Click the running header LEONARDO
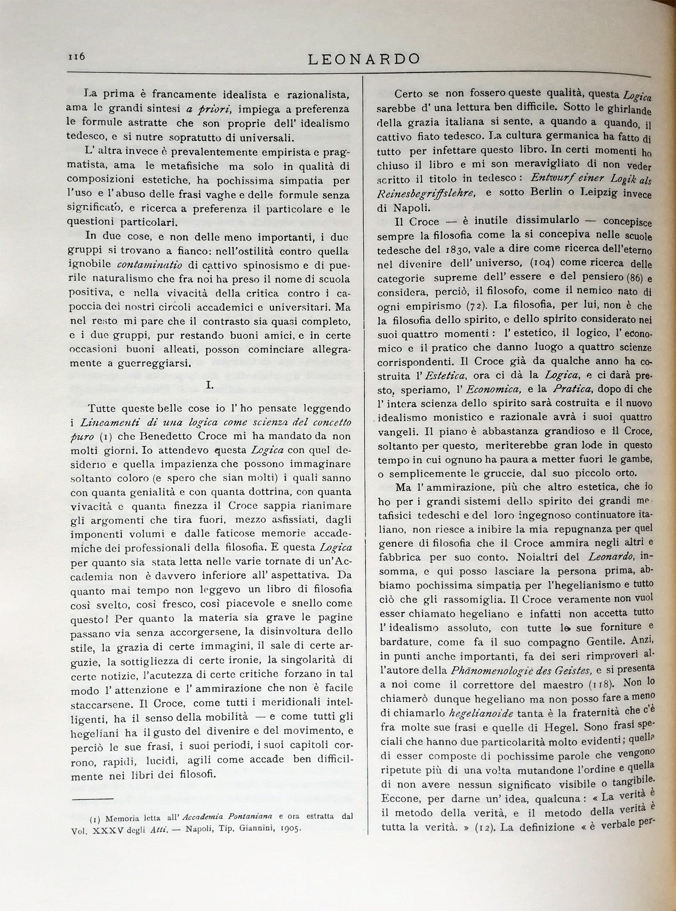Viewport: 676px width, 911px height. click(364, 59)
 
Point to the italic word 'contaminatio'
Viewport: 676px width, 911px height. click(149, 265)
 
